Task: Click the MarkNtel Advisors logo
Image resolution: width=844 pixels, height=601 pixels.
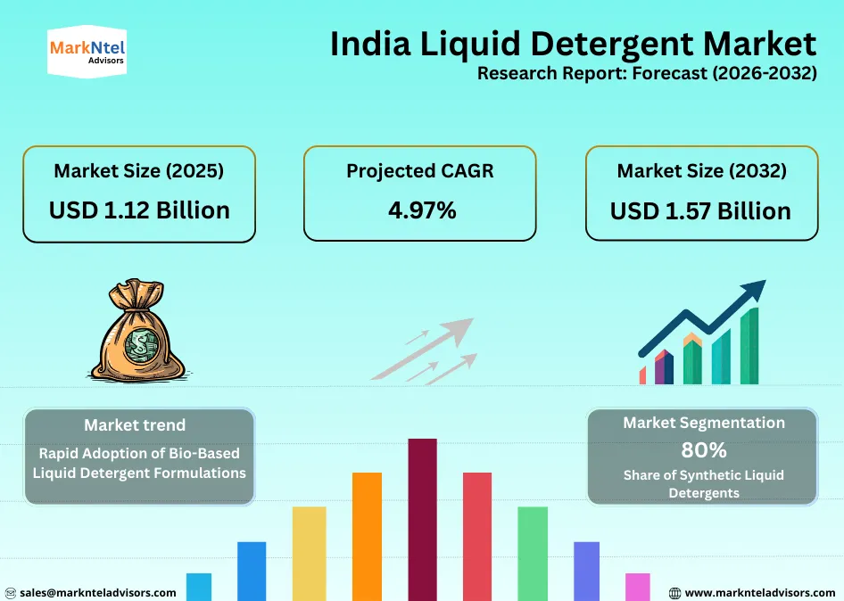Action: coord(86,53)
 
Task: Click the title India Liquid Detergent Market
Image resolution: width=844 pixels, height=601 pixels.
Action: coord(573,43)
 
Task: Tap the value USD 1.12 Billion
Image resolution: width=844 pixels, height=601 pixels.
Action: coord(139,210)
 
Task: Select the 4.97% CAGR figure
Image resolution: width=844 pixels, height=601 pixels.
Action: coord(422,210)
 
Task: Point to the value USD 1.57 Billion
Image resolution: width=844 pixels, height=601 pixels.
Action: coord(700,210)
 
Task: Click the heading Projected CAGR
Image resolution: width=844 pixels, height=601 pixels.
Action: coord(419,170)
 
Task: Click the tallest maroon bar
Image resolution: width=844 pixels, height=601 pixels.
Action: coord(422,517)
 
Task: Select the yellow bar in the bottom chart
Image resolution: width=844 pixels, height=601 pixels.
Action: coord(310,553)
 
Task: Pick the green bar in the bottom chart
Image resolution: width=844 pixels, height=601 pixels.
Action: coord(533,553)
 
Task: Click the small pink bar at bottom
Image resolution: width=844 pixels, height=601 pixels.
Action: coord(637,586)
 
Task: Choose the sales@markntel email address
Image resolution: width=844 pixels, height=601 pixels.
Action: coord(97,592)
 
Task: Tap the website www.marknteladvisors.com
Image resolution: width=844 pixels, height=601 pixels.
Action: coord(759,592)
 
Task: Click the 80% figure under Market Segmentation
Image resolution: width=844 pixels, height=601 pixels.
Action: coord(703,449)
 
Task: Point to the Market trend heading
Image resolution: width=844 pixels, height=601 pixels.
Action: coord(135,425)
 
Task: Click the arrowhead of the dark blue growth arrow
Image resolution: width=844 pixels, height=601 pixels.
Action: coord(755,290)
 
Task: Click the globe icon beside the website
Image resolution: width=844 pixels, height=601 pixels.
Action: coord(674,592)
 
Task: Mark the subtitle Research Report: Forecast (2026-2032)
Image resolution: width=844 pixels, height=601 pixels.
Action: coord(647,73)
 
